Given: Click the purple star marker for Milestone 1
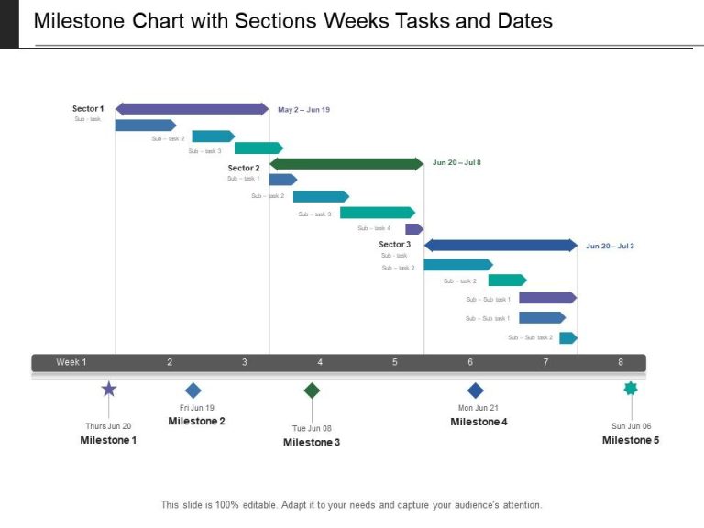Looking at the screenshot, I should pyautogui.click(x=109, y=390).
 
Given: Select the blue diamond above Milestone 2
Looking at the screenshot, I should pyautogui.click(x=192, y=390).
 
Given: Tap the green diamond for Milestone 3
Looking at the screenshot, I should pyautogui.click(x=312, y=390).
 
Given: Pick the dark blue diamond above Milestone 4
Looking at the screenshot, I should pyautogui.click(x=475, y=390).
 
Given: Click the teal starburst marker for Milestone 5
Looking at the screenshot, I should pyautogui.click(x=631, y=389).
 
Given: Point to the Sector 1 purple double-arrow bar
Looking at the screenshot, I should pyautogui.click(x=192, y=109).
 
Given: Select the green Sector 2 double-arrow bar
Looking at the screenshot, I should pyautogui.click(x=346, y=164).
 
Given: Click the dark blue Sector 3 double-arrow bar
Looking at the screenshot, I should pyautogui.click(x=500, y=245).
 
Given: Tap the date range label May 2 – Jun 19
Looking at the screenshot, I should pyautogui.click(x=303, y=110).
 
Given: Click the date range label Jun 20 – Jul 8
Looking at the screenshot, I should pyautogui.click(x=456, y=162).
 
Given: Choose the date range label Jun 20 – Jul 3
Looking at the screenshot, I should pyautogui.click(x=610, y=246).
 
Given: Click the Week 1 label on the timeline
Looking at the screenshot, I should pyautogui.click(x=71, y=362).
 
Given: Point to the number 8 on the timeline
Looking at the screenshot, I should pyautogui.click(x=621, y=362).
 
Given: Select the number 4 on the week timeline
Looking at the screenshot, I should pyautogui.click(x=320, y=362).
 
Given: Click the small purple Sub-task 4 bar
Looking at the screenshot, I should pyautogui.click(x=414, y=229).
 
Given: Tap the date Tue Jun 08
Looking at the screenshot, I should pyautogui.click(x=312, y=428).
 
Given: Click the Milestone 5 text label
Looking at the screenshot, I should pyautogui.click(x=630, y=440).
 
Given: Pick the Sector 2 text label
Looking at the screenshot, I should pyautogui.click(x=244, y=168).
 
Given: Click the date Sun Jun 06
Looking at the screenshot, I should pyautogui.click(x=631, y=426).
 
